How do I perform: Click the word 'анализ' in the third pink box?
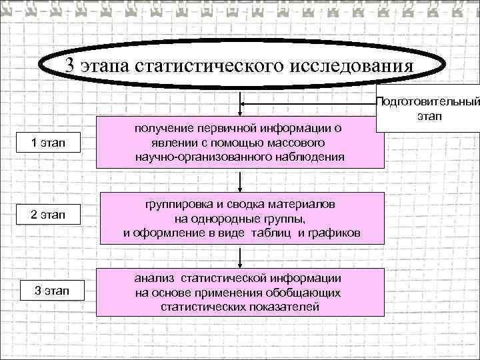point(155,278)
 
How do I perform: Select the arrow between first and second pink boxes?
point(241,179)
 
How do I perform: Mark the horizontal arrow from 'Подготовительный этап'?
point(307,103)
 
